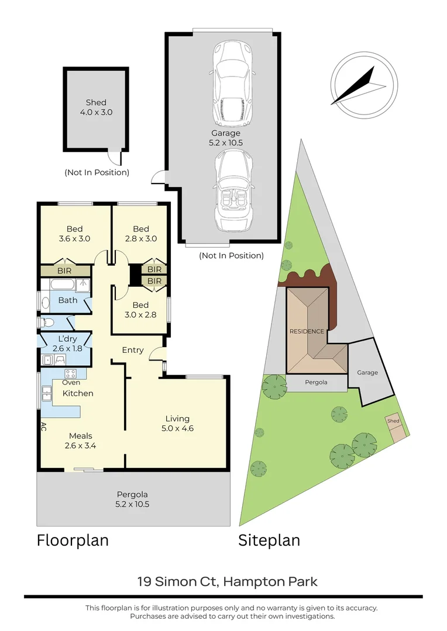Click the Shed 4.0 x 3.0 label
coord(96,107)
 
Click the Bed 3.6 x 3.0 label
coord(74,234)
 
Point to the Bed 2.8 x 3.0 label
coord(140,234)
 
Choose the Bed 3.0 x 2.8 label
coord(140,310)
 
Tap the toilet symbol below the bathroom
coord(47,322)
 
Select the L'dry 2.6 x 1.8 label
coord(66,344)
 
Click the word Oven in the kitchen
coord(71,383)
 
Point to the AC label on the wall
coord(43,427)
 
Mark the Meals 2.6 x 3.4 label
coord(80,441)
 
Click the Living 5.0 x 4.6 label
coord(177,423)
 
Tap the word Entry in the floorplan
coord(133,350)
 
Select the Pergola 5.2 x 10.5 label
coord(133,499)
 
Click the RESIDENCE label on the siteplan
coord(307,331)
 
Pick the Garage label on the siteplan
coord(367,372)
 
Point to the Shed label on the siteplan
coord(393,421)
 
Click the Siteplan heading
coord(269,540)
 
